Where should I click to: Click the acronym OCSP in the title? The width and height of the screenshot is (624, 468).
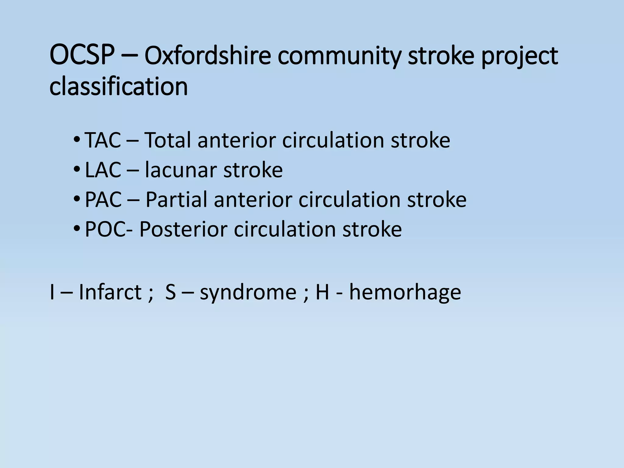coord(82,56)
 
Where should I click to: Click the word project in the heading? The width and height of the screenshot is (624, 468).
coord(519,57)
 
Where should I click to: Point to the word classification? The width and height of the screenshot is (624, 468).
coord(119,86)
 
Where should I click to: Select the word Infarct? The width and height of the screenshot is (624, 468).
coord(110,292)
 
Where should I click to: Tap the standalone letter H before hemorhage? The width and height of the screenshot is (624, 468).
coord(322,292)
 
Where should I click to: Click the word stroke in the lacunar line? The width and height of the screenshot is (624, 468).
coord(253,170)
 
